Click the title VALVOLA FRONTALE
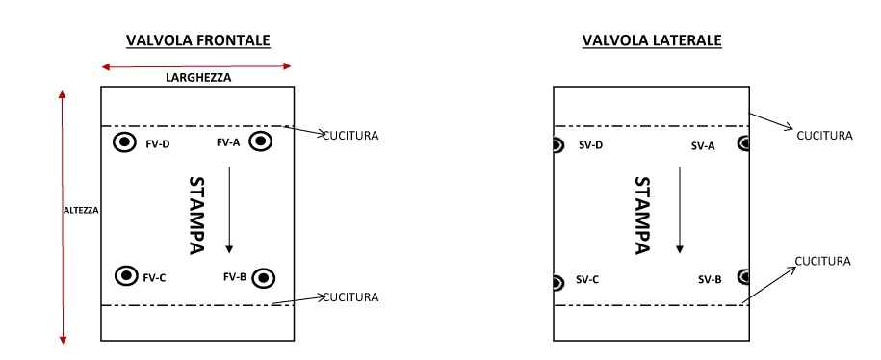click(198, 40)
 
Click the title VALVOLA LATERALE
click(652, 40)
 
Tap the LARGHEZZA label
click(197, 77)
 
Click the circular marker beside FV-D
click(124, 143)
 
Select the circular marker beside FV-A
click(260, 142)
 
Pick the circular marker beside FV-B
click(265, 278)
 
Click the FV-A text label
click(228, 143)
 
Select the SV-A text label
click(703, 146)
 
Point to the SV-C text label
click(587, 280)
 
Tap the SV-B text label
click(710, 280)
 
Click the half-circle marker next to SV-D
click(557, 145)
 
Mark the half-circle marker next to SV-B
click(743, 277)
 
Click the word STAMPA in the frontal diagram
click(196, 216)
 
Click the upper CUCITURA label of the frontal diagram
click(350, 135)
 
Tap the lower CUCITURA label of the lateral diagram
click(822, 261)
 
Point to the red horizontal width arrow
click(196, 66)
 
